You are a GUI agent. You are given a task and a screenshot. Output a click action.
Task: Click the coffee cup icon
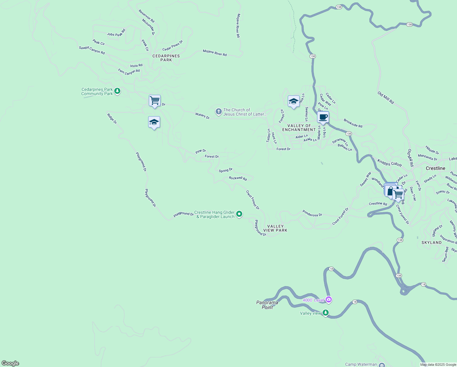pos(323,117)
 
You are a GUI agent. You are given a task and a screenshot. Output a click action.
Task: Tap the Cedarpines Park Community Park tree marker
pos(117,91)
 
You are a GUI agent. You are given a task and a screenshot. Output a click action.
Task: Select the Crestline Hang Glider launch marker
pos(239,214)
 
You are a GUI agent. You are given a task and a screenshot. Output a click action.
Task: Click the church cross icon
pos(218,112)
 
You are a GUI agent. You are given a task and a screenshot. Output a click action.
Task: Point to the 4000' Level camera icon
pos(329,299)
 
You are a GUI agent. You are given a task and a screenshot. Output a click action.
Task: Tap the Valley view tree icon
pos(326,313)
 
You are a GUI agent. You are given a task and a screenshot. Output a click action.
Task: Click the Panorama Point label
pos(267,305)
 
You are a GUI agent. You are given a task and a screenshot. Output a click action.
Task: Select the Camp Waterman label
pos(361,364)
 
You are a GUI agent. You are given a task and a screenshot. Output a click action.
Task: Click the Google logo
pos(10,363)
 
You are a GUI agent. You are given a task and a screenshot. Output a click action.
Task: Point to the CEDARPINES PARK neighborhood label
pos(166,58)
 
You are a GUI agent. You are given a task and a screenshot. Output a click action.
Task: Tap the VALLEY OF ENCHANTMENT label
pos(299,128)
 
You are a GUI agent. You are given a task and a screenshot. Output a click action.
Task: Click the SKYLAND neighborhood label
pos(431,243)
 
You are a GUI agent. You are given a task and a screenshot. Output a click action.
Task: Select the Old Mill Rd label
pos(386,98)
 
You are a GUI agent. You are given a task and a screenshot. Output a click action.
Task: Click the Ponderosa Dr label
pos(312,213)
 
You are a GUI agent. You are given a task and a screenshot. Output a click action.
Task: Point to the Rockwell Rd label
pos(238,178)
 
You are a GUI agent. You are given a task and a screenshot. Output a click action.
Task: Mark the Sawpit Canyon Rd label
pos(92,50)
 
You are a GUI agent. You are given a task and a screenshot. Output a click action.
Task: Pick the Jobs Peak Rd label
pos(116,33)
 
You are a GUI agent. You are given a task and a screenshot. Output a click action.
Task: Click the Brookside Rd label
pos(353,123)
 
